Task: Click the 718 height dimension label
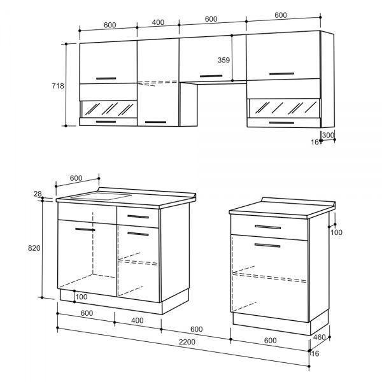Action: (58, 86)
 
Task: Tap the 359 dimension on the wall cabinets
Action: (223, 60)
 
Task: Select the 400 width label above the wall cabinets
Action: (158, 22)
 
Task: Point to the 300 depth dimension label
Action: (328, 135)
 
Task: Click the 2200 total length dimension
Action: (187, 342)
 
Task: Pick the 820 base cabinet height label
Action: (34, 248)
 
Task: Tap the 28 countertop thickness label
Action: (38, 194)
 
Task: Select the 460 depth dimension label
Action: (319, 337)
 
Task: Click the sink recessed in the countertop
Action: (101, 196)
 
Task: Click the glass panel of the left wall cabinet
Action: (109, 109)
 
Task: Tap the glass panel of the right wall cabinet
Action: (284, 108)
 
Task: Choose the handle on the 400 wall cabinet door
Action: (155, 122)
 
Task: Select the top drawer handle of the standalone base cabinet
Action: (267, 227)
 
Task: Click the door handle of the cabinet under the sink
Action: (85, 229)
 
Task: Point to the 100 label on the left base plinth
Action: (81, 297)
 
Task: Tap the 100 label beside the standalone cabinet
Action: (336, 232)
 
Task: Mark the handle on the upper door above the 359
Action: (211, 76)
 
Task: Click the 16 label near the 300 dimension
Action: (315, 142)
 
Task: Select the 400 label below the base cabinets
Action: (138, 321)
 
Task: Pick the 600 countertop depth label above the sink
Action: (76, 178)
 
